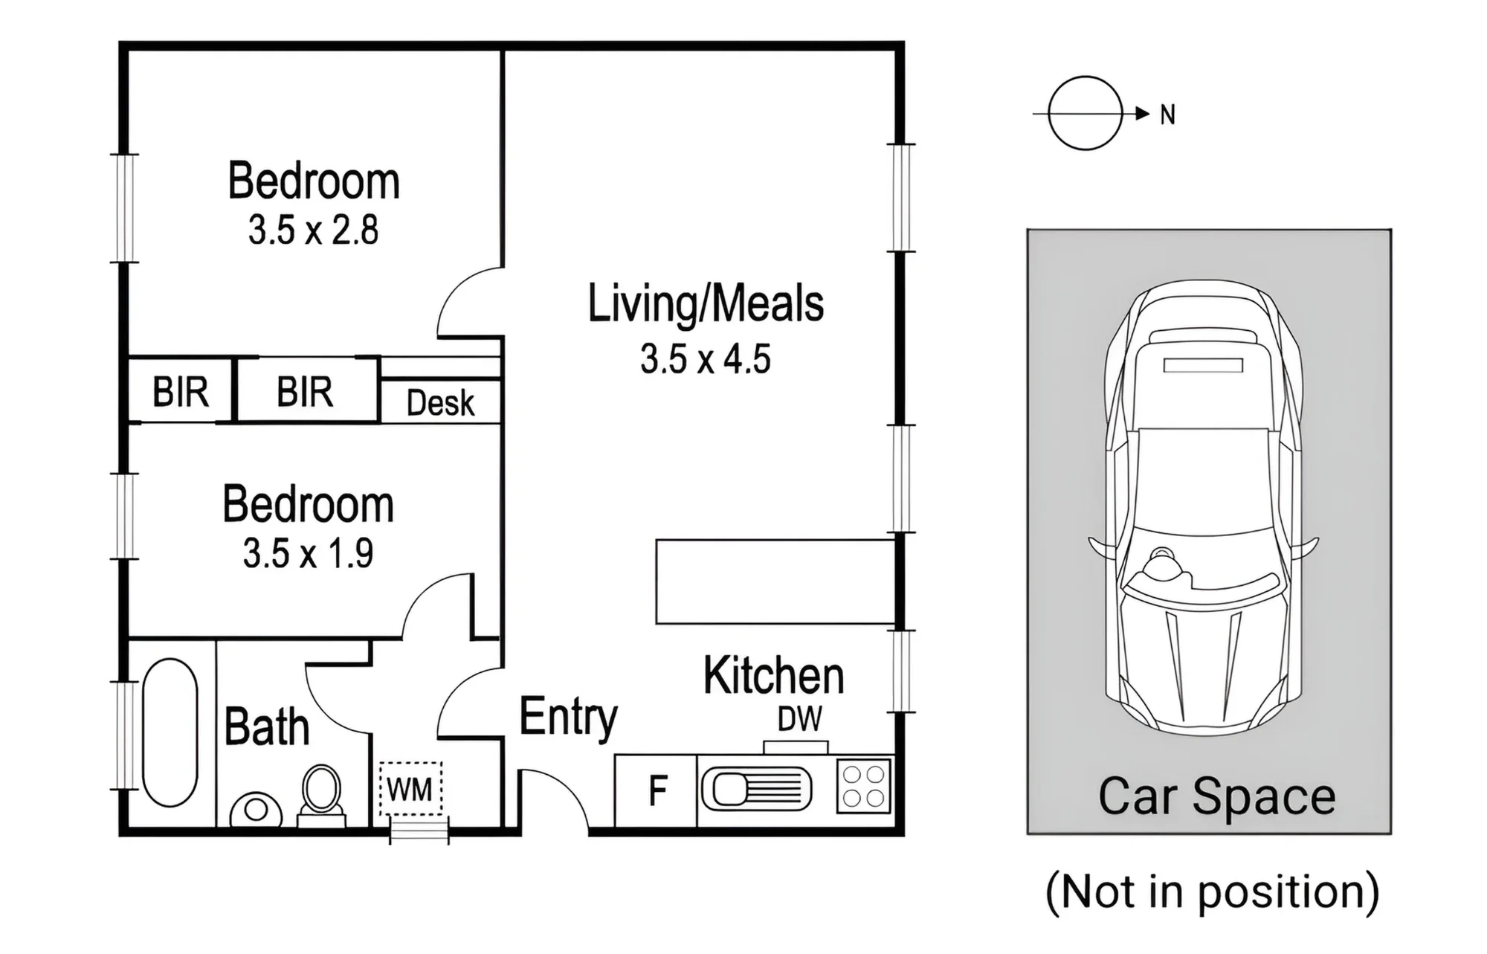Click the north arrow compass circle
[1085, 77]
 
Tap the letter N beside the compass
[1167, 115]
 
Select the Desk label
[440, 403]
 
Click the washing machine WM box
[410, 789]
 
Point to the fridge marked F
[657, 790]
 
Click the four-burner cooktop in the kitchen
[864, 786]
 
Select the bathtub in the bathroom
[170, 732]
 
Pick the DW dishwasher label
[800, 719]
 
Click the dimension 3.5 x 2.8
[313, 230]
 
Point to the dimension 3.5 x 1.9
[308, 553]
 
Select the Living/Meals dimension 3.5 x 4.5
[705, 359]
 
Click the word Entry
[568, 718]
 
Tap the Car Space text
[1216, 797]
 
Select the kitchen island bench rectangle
[775, 581]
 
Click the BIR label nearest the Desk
[305, 391]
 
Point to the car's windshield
[1204, 558]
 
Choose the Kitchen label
[773, 675]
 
